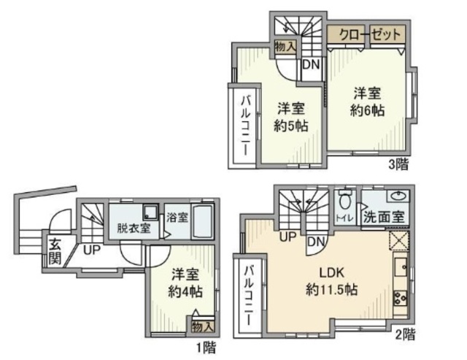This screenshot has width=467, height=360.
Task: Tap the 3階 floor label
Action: pyautogui.click(x=398, y=164)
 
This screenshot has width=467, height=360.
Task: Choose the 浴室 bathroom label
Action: pyautogui.click(x=177, y=217)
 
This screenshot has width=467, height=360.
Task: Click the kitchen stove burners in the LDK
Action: pyautogui.click(x=401, y=297)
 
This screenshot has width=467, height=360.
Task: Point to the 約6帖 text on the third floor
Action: pyautogui.click(x=368, y=111)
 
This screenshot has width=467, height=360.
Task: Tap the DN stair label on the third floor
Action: pyautogui.click(x=311, y=64)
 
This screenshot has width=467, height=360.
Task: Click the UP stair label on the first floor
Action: pyautogui.click(x=91, y=250)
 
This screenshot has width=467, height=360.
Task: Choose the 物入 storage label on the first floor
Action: pyautogui.click(x=202, y=326)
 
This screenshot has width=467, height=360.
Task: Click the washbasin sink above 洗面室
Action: pyautogui.click(x=398, y=196)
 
